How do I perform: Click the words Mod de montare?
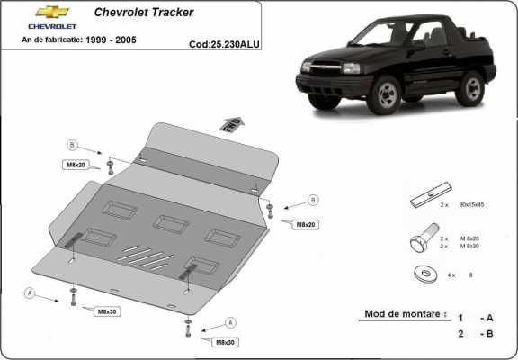[x=401, y=314]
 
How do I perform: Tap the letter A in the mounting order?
[x=489, y=318]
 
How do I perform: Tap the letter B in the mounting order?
[x=489, y=334]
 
